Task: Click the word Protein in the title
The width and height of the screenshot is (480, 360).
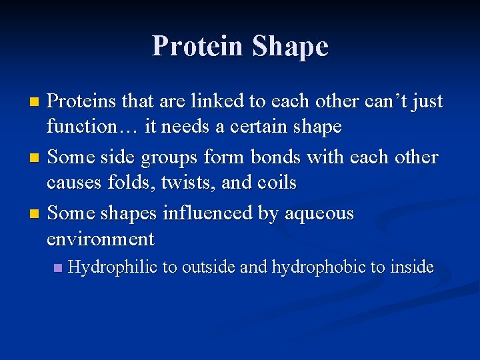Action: (198, 47)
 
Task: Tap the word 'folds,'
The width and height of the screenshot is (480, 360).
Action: (134, 182)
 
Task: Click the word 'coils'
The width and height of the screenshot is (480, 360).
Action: (276, 182)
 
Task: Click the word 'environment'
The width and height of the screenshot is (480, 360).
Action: (101, 239)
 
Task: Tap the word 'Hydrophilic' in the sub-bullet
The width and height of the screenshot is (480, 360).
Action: (113, 268)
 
